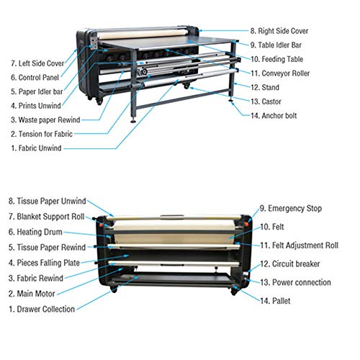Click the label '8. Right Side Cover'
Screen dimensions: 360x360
coord(279,31)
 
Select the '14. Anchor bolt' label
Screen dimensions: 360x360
coord(274,116)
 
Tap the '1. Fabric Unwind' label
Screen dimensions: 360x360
coord(36,148)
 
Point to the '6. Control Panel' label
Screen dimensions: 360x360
coord(35,78)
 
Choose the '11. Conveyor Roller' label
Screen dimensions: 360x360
coord(280,73)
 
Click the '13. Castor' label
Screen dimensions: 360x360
coord(266,102)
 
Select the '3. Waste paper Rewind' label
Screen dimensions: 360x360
coord(45,120)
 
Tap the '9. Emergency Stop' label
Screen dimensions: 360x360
coord(291,209)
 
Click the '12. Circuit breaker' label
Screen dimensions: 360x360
coord(290,264)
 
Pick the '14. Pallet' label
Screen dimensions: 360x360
coord(275,301)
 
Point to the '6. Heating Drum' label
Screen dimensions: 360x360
coord(35,232)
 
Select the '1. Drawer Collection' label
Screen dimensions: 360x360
coord(42,309)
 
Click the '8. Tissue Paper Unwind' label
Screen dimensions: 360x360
coord(48,201)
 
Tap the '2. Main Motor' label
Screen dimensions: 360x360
coord(32,294)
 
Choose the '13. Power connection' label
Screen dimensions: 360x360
coord(295,282)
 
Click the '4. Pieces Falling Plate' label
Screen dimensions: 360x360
coord(44,263)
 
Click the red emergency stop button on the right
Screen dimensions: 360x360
coord(246,224)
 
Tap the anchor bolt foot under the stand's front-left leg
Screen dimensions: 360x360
coord(133,121)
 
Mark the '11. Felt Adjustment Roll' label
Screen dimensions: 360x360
coord(299,246)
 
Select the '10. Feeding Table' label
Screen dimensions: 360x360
coord(276,59)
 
